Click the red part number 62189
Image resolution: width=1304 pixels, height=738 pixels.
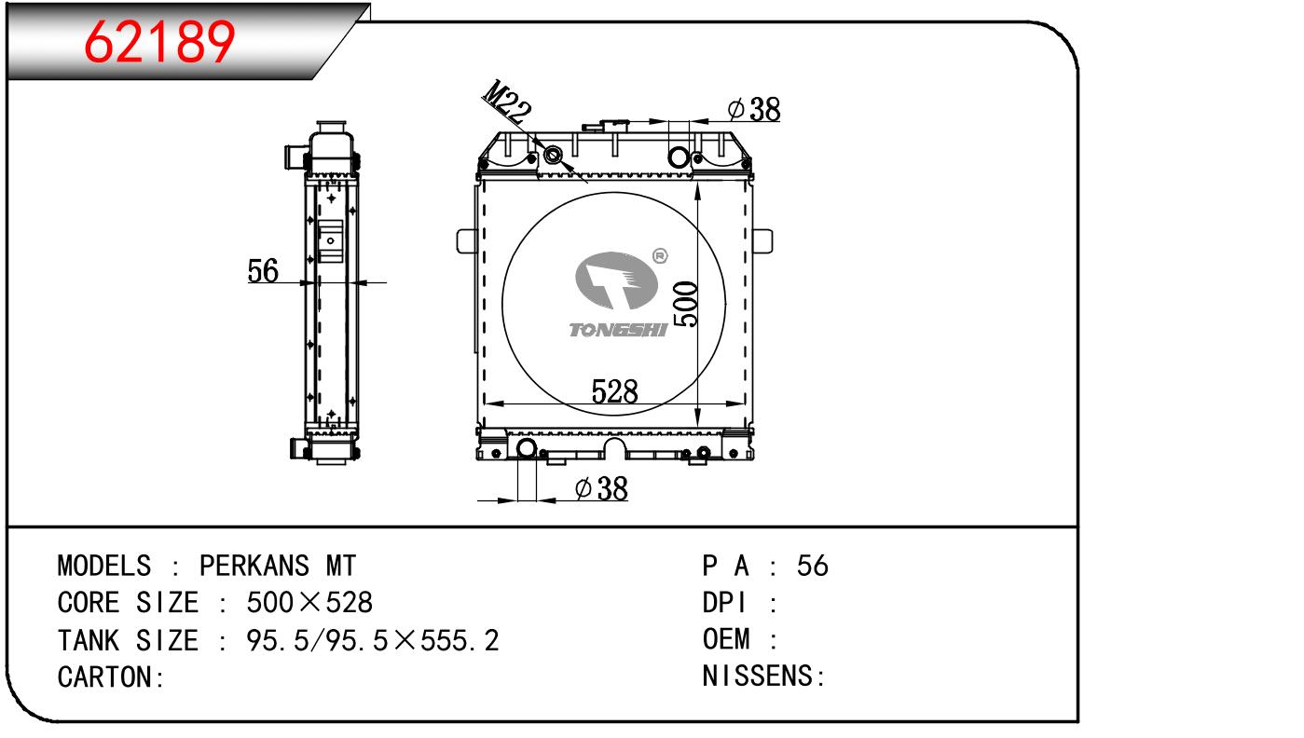tap(159, 41)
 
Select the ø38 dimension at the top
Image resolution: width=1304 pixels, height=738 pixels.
tap(754, 109)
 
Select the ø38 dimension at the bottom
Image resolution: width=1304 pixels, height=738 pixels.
tap(601, 488)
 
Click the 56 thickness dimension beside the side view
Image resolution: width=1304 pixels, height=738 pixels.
tap(263, 270)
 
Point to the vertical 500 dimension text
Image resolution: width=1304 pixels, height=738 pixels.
tap(685, 304)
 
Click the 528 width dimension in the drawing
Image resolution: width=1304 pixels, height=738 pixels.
tap(615, 391)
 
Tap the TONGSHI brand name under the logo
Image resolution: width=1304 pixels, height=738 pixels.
tap(618, 330)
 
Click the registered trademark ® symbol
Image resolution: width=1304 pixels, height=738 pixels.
tap(660, 255)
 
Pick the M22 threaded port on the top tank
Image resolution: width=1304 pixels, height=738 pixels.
tap(553, 156)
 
